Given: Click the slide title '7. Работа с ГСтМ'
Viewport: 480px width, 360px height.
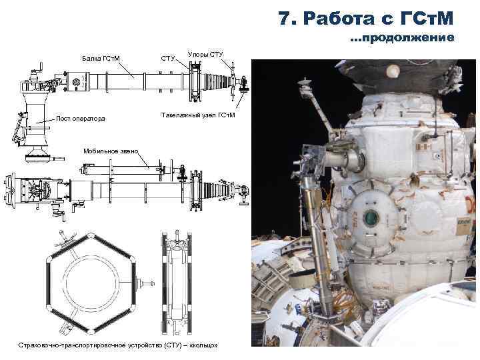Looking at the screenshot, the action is (x=366, y=18).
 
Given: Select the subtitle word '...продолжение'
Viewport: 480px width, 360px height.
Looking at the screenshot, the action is (x=402, y=37).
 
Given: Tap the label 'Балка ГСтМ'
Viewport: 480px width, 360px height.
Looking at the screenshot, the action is (x=101, y=59).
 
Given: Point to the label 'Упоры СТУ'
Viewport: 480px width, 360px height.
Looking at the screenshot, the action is (x=205, y=55).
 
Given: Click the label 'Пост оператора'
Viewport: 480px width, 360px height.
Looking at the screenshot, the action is (x=81, y=119).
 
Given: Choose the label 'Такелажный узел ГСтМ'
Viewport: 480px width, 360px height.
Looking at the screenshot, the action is (x=198, y=115).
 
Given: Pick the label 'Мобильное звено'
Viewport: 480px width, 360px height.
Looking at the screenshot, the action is (x=111, y=151).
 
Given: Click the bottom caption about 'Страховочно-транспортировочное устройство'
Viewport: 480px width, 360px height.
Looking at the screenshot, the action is (x=118, y=345).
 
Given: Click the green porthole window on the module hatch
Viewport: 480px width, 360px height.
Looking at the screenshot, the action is (x=371, y=217).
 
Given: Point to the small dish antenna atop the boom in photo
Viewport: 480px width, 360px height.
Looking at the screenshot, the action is (x=305, y=83).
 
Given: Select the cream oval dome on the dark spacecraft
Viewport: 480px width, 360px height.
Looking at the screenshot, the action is (x=393, y=71).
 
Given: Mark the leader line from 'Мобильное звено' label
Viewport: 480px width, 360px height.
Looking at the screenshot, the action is (x=143, y=160).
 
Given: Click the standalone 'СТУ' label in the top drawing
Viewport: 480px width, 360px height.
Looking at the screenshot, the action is (x=167, y=58).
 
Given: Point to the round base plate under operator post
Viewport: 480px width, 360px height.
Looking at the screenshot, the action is (x=37, y=158).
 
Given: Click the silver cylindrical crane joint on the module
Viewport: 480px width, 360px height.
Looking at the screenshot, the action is (x=346, y=160).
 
